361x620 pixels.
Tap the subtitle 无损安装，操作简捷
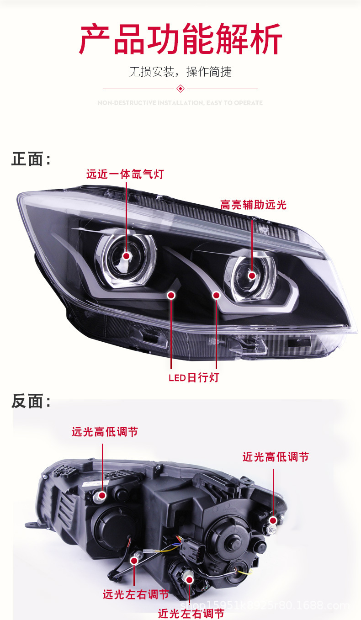click(180, 72)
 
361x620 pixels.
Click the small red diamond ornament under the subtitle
click(180, 88)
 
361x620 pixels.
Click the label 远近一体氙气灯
click(125, 174)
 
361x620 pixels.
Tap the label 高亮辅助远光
click(253, 204)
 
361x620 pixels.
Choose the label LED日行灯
click(194, 377)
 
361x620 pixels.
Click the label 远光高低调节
click(105, 432)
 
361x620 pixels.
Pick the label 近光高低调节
click(276, 456)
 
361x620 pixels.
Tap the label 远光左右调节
click(136, 594)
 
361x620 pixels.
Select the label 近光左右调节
click(191, 613)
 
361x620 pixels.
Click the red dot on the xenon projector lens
click(126, 256)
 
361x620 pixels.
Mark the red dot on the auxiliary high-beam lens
click(252, 276)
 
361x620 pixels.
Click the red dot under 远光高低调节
click(102, 495)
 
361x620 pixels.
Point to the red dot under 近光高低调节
click(273, 520)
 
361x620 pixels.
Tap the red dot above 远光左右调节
click(134, 560)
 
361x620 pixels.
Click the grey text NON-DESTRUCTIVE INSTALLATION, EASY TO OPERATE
click(180, 103)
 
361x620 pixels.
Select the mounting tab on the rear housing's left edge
click(31, 525)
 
